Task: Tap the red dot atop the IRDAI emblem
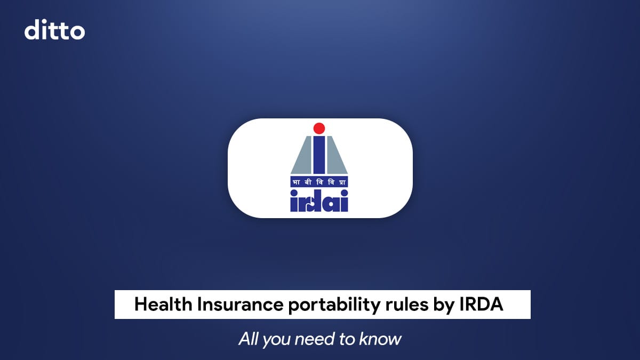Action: [319, 128]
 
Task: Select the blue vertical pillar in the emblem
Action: [319, 155]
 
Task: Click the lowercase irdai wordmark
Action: [319, 201]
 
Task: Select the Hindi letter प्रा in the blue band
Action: [343, 181]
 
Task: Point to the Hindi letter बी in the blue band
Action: [307, 181]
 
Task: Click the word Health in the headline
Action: [164, 305]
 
